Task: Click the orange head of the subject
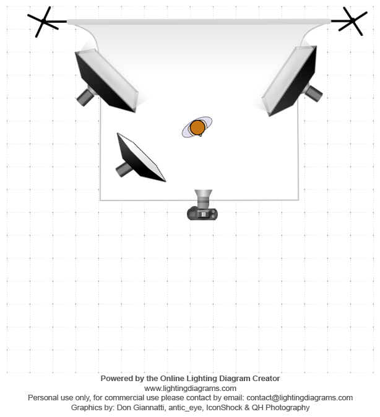click(197, 127)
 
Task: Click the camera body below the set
click(202, 214)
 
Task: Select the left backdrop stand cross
click(45, 22)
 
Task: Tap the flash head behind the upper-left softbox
click(85, 96)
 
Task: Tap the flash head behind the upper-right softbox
click(313, 93)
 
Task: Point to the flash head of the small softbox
click(123, 168)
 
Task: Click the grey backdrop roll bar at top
click(198, 22)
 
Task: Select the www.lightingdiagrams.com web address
click(190, 388)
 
